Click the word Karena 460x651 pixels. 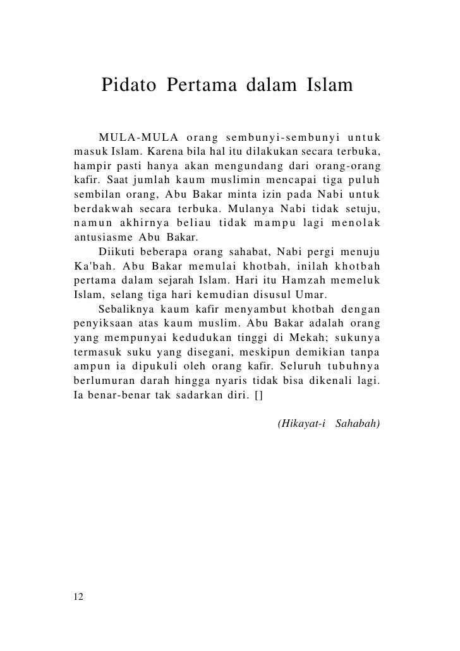pyautogui.click(x=167, y=152)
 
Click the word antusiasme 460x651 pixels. pyautogui.click(x=103, y=238)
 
